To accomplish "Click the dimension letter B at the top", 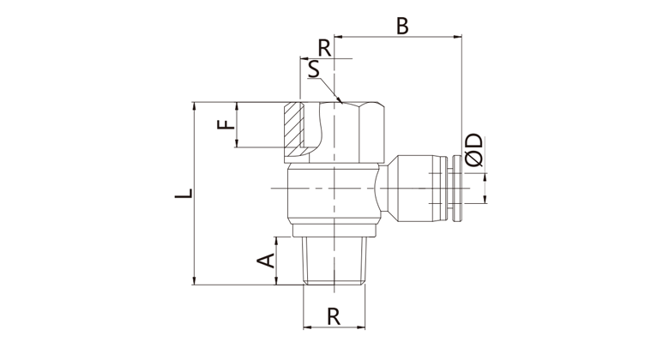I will [x=402, y=25].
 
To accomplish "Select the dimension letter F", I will [x=225, y=125].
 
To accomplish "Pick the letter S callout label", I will [x=314, y=69].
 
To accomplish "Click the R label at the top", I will [x=323, y=46].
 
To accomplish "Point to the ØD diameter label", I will [x=474, y=150].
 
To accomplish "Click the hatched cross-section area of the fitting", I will [x=294, y=129].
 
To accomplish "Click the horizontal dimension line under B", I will [x=399, y=37].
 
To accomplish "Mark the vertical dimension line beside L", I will [x=196, y=194].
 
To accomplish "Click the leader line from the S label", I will [x=330, y=89].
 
